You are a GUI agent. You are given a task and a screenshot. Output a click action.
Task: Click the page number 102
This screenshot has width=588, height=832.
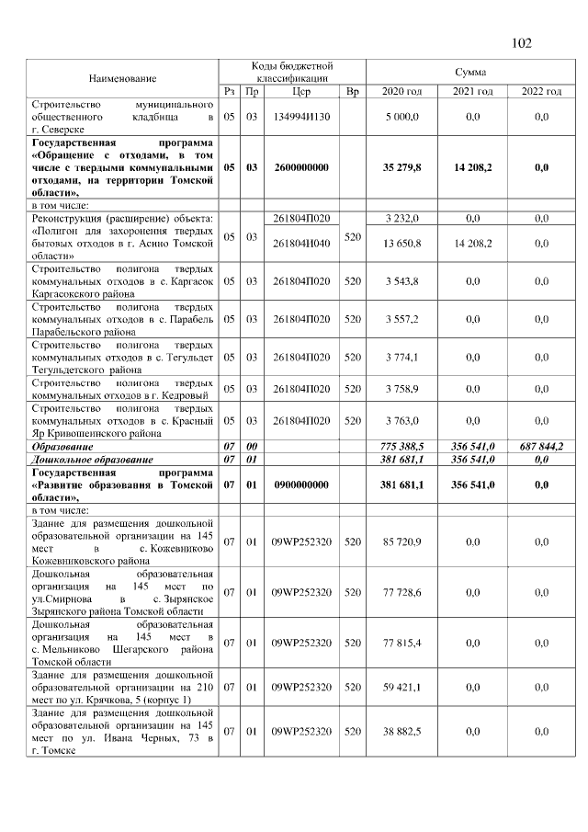click(x=521, y=42)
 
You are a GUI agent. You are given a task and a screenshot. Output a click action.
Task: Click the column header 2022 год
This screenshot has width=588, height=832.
click(x=540, y=92)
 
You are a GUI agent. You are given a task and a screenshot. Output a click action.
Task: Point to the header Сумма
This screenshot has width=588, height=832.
click(x=470, y=72)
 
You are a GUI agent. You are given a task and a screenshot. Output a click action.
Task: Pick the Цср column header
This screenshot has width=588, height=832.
click(x=300, y=92)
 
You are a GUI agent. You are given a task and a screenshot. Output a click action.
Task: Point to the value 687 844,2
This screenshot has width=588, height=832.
click(x=540, y=446)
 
